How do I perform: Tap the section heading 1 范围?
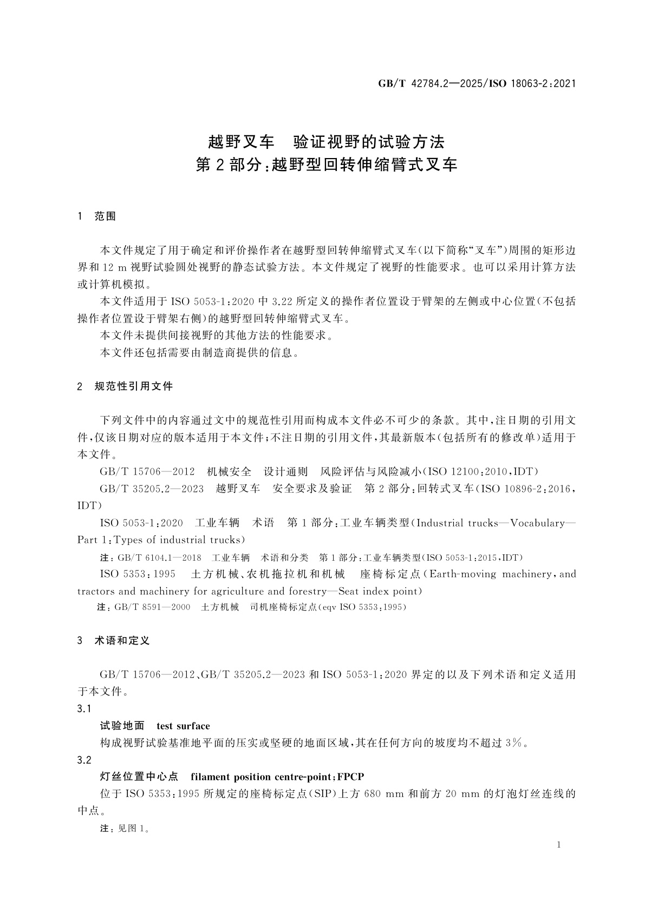[97, 216]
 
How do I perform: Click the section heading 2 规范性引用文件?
[125, 386]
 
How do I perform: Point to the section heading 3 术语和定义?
[114, 640]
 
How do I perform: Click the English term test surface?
[183, 726]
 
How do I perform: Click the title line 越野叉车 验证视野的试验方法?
[326, 142]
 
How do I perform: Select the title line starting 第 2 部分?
[326, 165]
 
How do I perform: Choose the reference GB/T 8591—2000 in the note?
[153, 607]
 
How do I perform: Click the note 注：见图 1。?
[125, 829]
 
